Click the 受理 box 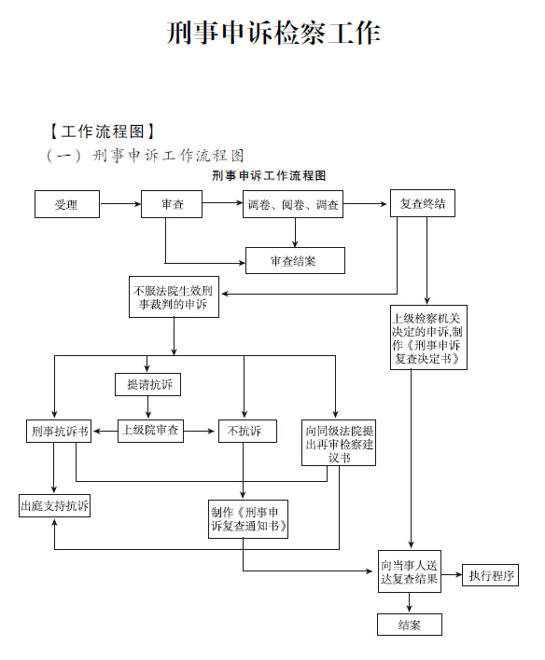point(67,204)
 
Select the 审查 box point(172,204)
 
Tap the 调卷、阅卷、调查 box point(293,204)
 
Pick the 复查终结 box point(423,203)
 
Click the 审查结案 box point(295,260)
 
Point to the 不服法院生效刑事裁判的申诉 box point(175,296)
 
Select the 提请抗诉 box point(148,384)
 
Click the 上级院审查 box point(150,431)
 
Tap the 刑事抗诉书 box point(59,431)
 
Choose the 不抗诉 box point(247,431)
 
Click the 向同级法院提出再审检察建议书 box point(339,443)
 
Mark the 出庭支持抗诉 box point(54,505)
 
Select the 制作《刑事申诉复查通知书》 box point(248,519)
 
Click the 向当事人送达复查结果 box point(410,571)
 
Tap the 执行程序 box point(490,575)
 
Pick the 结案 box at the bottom point(410,625)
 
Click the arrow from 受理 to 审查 point(120,204)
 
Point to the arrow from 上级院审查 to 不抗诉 point(200,431)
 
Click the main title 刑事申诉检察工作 point(273,33)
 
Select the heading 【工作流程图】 point(102,131)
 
